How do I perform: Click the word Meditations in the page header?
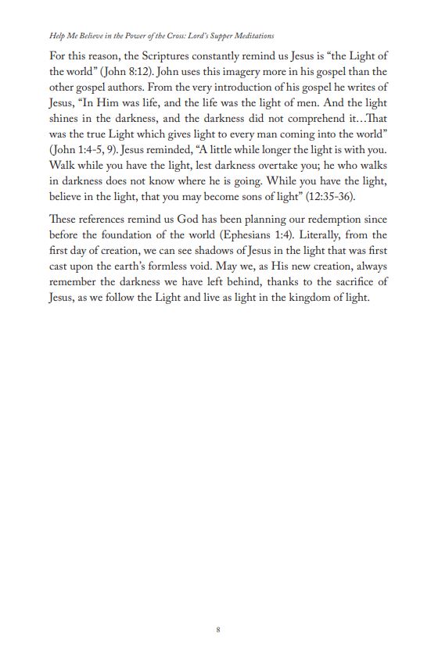pyautogui.click(x=251, y=36)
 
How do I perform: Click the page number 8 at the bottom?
pyautogui.click(x=218, y=630)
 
